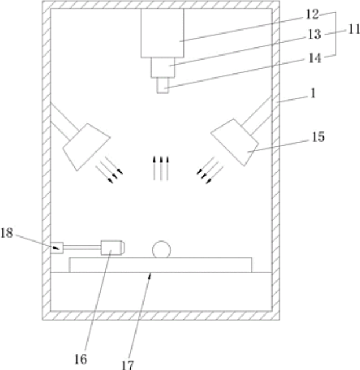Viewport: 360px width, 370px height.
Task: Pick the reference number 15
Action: click(x=318, y=138)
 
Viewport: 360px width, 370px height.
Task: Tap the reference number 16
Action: click(x=80, y=359)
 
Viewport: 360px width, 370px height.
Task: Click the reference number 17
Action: click(x=128, y=365)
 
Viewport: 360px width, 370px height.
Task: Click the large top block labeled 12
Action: click(x=162, y=32)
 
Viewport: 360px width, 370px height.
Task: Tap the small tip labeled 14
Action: click(x=163, y=86)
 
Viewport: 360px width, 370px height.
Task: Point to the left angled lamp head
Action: click(x=86, y=145)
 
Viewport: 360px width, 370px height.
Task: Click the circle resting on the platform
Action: click(x=161, y=249)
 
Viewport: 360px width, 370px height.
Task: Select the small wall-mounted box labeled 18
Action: click(x=56, y=247)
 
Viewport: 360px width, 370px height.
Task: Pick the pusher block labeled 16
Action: click(x=112, y=247)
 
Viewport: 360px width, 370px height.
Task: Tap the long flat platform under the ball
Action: click(x=160, y=264)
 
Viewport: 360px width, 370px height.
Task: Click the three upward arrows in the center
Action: click(x=160, y=168)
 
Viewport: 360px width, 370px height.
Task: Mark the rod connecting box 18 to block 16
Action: click(x=81, y=247)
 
